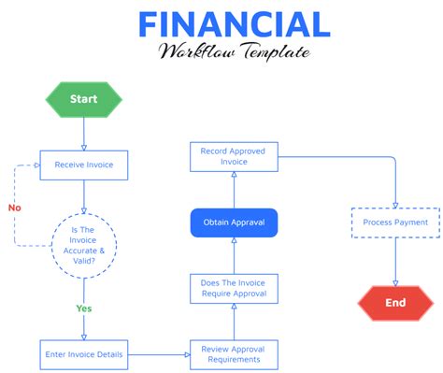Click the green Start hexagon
pos(83,99)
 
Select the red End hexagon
pos(395,302)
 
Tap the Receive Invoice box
pos(83,165)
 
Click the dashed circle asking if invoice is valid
pos(84,245)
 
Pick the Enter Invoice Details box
pos(83,354)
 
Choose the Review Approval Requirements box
pos(234,354)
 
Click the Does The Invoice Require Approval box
pos(234,288)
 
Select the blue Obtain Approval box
pos(234,223)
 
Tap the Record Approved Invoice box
pos(234,156)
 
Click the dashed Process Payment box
pos(395,222)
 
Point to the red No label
pos(14,208)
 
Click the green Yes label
pos(84,307)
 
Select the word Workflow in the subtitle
pos(193,51)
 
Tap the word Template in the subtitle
pos(271,51)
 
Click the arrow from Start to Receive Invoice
pos(83,134)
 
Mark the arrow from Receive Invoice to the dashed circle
pos(83,196)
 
